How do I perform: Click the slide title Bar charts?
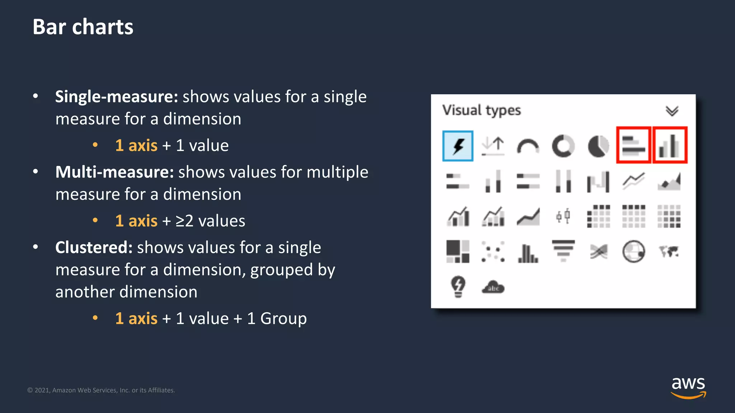pyautogui.click(x=83, y=27)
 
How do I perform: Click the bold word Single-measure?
pyautogui.click(x=117, y=97)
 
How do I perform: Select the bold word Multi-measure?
pyautogui.click(x=114, y=172)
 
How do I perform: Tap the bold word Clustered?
pyautogui.click(x=94, y=247)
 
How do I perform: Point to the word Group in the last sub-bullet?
pyautogui.click(x=283, y=318)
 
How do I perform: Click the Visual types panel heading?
pyautogui.click(x=481, y=110)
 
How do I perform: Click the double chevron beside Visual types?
pyautogui.click(x=672, y=111)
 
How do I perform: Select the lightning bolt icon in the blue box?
pyautogui.click(x=458, y=146)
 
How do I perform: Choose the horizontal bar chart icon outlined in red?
pyautogui.click(x=633, y=145)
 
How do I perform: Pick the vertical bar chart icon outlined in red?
pyautogui.click(x=669, y=145)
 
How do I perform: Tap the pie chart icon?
pyautogui.click(x=598, y=146)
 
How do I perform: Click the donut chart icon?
pyautogui.click(x=563, y=146)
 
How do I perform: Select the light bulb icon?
pyautogui.click(x=458, y=286)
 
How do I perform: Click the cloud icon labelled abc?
pyautogui.click(x=493, y=288)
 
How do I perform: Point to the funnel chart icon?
pyautogui.click(x=563, y=251)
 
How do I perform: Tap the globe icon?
pyautogui.click(x=633, y=251)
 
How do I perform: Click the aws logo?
pyautogui.click(x=688, y=387)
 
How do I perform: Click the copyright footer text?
pyautogui.click(x=101, y=390)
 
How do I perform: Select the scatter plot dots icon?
pyautogui.click(x=493, y=251)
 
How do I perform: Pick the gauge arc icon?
pyautogui.click(x=528, y=147)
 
